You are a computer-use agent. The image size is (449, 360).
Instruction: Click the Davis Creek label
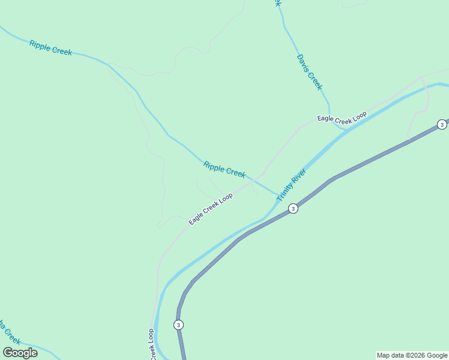pyautogui.click(x=310, y=72)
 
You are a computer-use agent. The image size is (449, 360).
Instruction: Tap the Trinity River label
pyautogui.click(x=292, y=184)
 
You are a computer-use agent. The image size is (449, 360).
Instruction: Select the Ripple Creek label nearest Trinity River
pyautogui.click(x=224, y=169)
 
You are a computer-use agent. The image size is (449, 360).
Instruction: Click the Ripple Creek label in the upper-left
pyautogui.click(x=50, y=47)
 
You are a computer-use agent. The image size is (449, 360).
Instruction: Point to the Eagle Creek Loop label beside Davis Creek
pyautogui.click(x=342, y=118)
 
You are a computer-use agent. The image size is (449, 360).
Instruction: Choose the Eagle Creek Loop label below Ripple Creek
pyautogui.click(x=211, y=209)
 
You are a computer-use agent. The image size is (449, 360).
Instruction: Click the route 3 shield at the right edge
pyautogui.click(x=442, y=124)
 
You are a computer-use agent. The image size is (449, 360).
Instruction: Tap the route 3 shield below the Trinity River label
pyautogui.click(x=292, y=209)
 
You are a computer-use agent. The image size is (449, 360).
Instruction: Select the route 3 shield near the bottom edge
pyautogui.click(x=178, y=325)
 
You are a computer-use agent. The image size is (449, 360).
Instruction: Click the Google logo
pyautogui.click(x=20, y=353)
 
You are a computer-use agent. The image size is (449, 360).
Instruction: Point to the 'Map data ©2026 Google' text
pyautogui.click(x=412, y=355)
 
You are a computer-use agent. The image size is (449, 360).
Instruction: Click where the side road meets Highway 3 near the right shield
pyautogui.click(x=409, y=140)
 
